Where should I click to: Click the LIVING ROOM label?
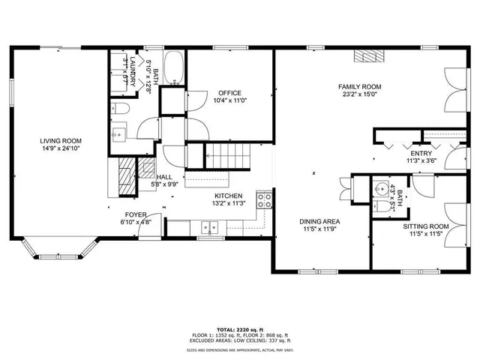[61, 141]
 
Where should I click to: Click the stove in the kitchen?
[264, 200]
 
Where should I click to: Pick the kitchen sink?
[210, 226]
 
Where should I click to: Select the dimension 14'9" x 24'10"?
[61, 148]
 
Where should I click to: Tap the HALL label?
[164, 177]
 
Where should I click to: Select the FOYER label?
[135, 214]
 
